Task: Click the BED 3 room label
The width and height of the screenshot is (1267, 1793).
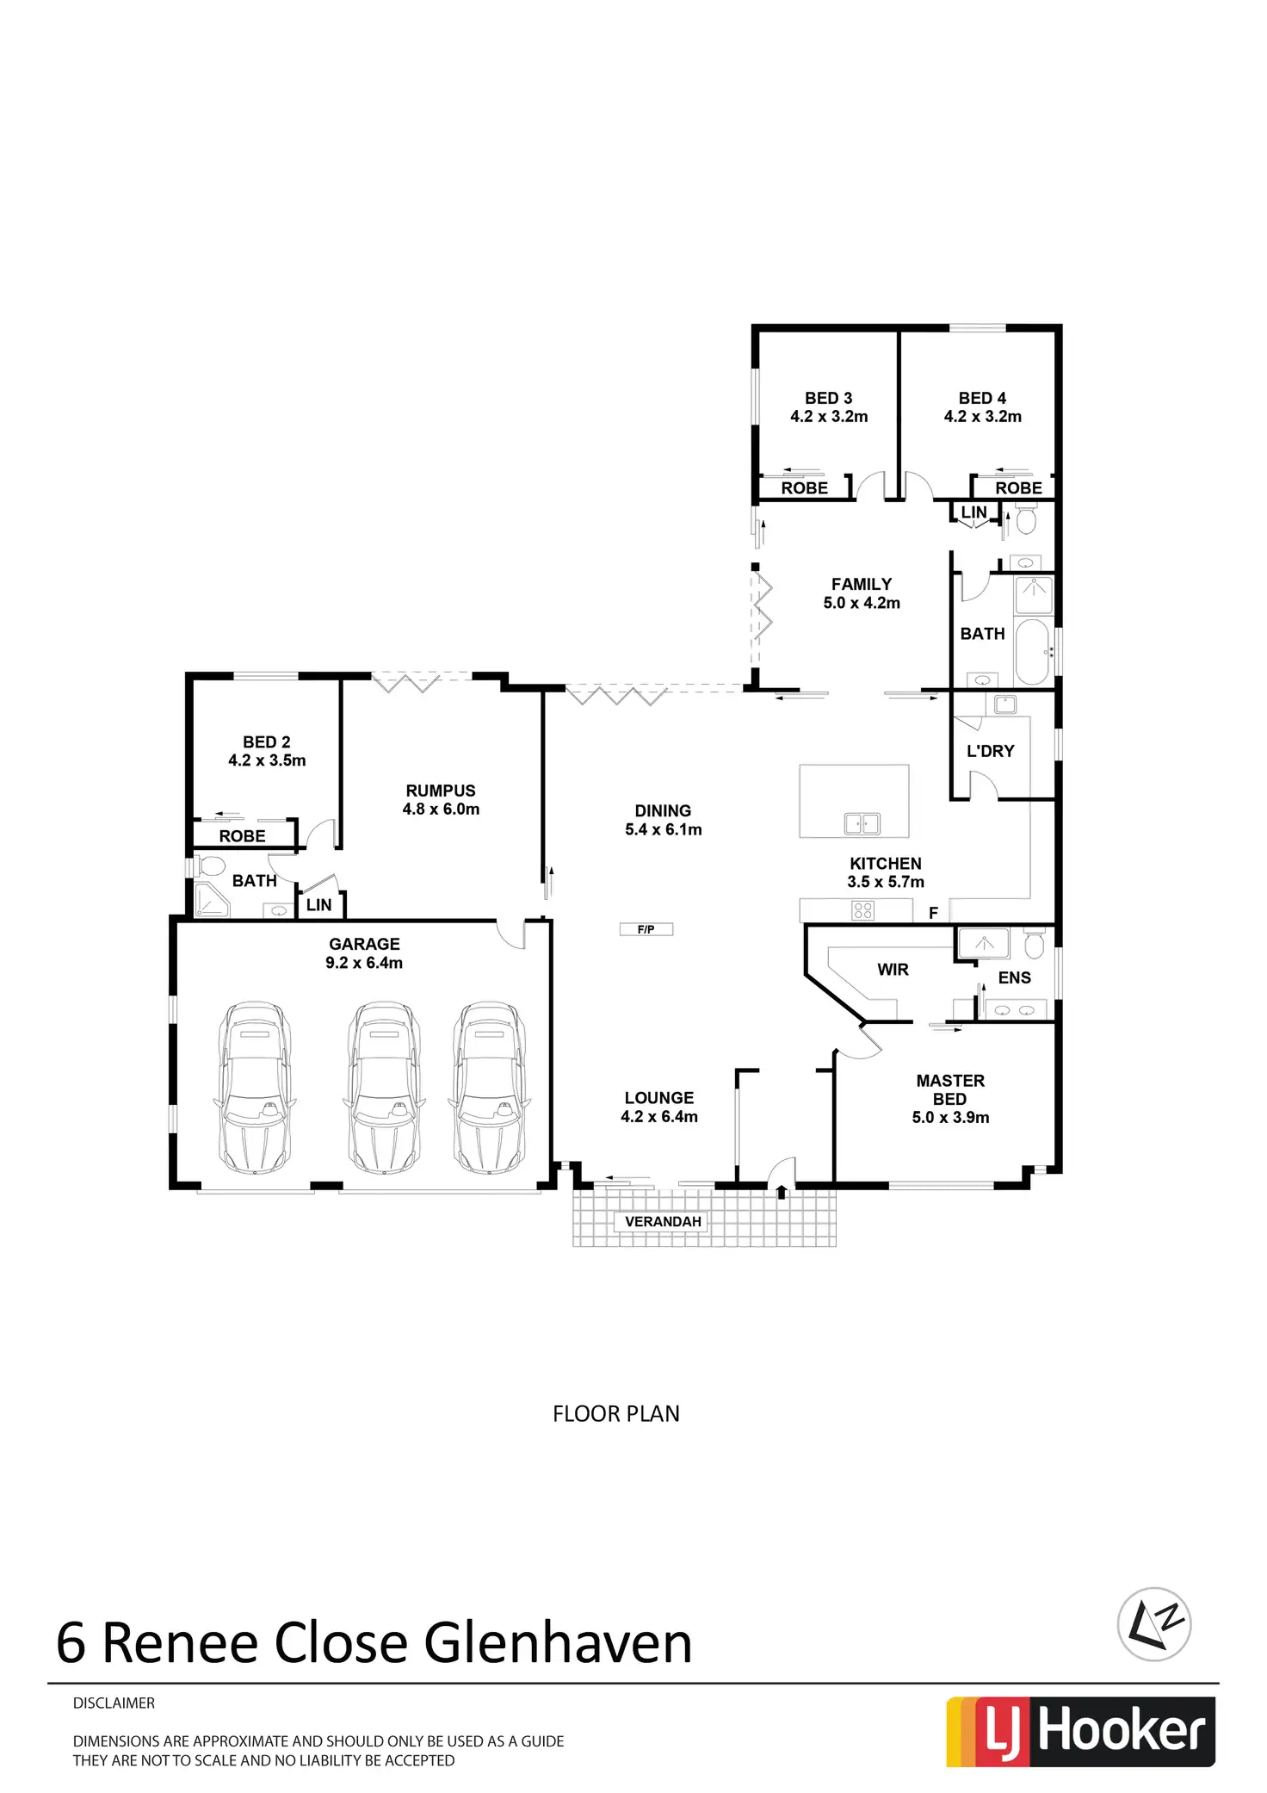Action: tap(828, 398)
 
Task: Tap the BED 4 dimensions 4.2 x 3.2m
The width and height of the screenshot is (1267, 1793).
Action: tap(982, 417)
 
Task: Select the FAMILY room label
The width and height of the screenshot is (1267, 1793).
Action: tap(861, 584)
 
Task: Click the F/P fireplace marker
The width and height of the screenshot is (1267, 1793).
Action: tap(646, 929)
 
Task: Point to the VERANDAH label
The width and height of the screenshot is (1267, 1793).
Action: tap(663, 1221)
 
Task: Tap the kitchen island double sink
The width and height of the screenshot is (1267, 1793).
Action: tap(862, 823)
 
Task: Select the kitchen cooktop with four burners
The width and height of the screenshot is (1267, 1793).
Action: tap(862, 910)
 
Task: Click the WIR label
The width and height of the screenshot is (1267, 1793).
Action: tap(893, 970)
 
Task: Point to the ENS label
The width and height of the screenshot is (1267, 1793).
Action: tap(1014, 977)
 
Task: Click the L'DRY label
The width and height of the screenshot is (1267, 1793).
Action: tap(990, 751)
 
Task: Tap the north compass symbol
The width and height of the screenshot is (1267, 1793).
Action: tap(1153, 1624)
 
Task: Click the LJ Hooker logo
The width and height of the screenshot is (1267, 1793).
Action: tap(1080, 1732)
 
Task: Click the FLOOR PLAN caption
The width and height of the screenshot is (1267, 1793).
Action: tap(615, 1414)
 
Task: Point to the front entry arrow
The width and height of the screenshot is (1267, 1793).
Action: tap(782, 1192)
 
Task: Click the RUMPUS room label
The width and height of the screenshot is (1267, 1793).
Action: tap(441, 791)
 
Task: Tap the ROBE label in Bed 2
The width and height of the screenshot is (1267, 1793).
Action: tap(242, 836)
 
